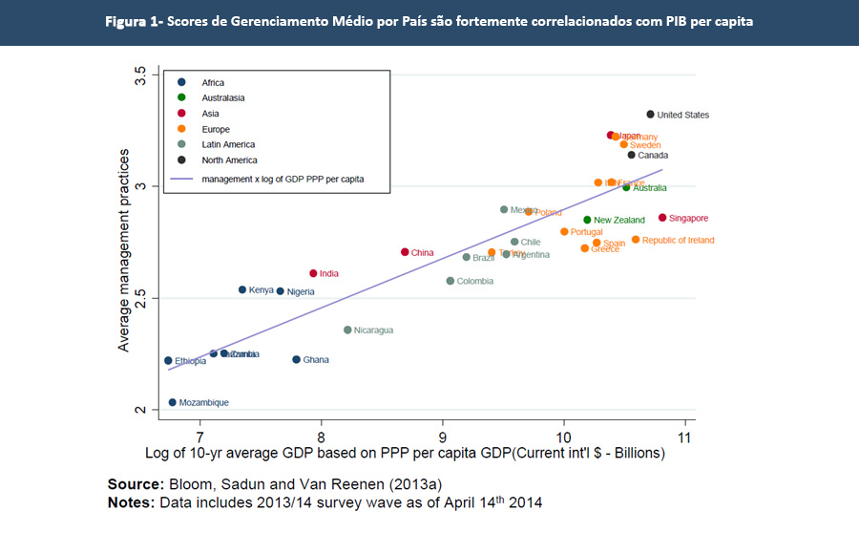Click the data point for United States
click(650, 115)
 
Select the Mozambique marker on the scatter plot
click(173, 403)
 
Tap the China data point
click(405, 252)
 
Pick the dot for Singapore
click(662, 218)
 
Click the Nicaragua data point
click(347, 330)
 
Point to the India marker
click(313, 273)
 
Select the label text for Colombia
click(475, 282)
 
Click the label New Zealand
click(619, 221)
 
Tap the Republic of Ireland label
click(678, 241)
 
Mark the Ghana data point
click(296, 359)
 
